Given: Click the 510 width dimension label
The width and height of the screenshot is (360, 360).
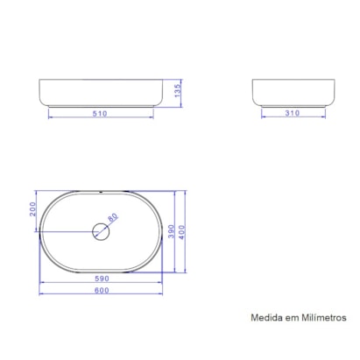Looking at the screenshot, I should click(x=100, y=112).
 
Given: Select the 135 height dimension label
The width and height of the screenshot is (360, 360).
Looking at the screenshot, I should click(x=177, y=89).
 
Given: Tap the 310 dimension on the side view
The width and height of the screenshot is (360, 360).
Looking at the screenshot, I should click(x=293, y=112).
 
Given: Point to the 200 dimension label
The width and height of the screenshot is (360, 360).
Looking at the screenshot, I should click(x=32, y=210).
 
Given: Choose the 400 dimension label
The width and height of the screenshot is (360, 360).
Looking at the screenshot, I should click(x=182, y=231).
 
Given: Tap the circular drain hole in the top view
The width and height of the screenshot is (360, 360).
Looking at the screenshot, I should click(x=101, y=232).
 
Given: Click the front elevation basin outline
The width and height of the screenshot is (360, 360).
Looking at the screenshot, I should click(x=100, y=92).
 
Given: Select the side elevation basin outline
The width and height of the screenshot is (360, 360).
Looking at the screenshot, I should click(x=293, y=92).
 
